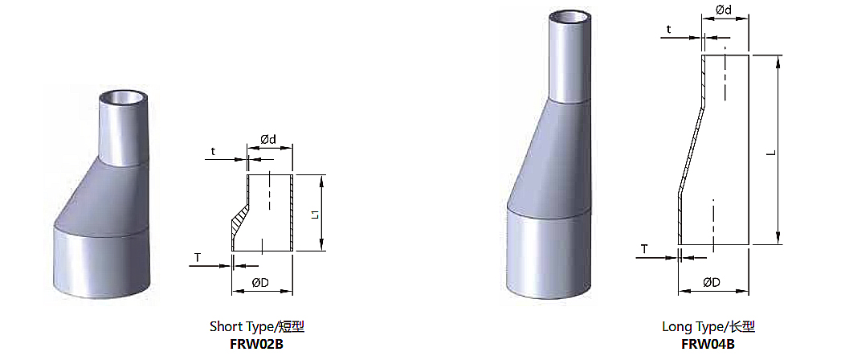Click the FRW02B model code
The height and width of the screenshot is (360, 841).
click(256, 343)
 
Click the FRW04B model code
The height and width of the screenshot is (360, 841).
click(708, 343)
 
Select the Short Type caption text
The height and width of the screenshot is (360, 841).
click(257, 326)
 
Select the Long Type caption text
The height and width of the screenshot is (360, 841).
click(708, 326)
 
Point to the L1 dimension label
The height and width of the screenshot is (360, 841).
click(316, 214)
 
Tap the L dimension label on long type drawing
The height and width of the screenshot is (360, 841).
click(771, 153)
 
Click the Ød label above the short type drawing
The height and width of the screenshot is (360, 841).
click(269, 139)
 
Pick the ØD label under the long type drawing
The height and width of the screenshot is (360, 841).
click(712, 282)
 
